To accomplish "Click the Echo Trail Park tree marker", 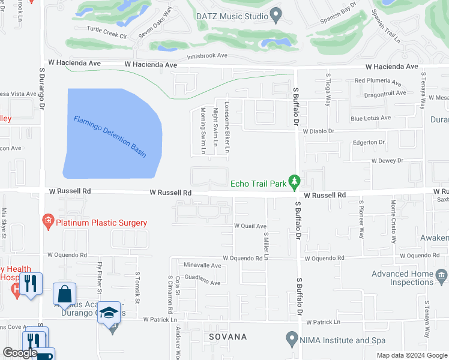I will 294,181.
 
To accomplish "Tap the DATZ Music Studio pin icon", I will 276,13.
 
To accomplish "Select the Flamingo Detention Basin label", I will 110,137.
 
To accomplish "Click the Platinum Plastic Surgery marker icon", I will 48,223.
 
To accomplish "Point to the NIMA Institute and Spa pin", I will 292,340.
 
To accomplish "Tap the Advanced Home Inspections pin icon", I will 442,275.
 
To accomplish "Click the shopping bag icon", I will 64,295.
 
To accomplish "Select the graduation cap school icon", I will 109,313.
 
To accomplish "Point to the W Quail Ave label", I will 250,226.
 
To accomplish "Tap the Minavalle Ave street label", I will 203,265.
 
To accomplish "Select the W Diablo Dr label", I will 318,131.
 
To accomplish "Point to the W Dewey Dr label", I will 387,161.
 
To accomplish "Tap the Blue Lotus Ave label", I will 370,118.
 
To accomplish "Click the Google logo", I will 20,352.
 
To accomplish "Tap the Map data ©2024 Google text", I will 412,355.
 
